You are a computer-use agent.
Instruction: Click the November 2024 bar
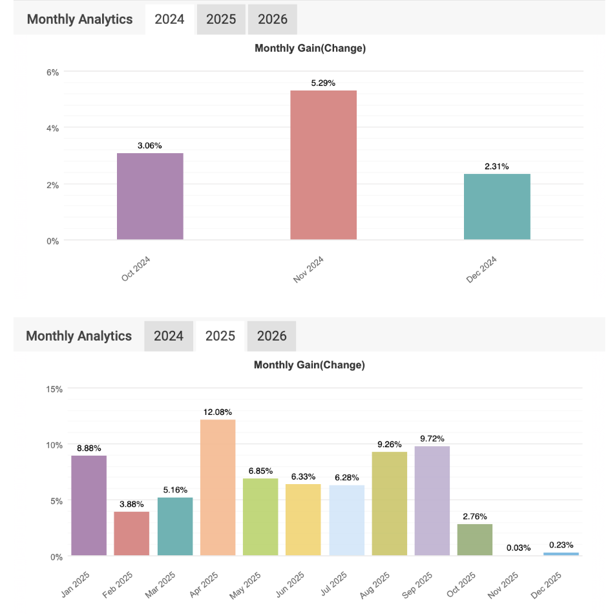pyautogui.click(x=323, y=165)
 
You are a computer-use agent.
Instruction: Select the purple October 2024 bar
pyautogui.click(x=150, y=196)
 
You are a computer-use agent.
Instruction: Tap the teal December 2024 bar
pyautogui.click(x=497, y=207)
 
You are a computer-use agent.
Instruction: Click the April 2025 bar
pyautogui.click(x=218, y=487)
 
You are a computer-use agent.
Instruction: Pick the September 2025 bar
pyautogui.click(x=432, y=501)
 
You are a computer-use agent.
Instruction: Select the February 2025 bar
pyautogui.click(x=132, y=534)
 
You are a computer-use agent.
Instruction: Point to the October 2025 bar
pyautogui.click(x=475, y=540)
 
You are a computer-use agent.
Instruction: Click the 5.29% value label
pyautogui.click(x=323, y=83)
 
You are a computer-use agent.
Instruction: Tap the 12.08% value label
pyautogui.click(x=218, y=412)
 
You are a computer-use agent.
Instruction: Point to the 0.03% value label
pyautogui.click(x=518, y=548)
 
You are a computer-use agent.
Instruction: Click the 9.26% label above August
pyautogui.click(x=389, y=445)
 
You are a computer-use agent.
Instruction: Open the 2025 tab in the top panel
pyautogui.click(x=221, y=19)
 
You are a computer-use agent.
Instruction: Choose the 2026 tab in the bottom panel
pyautogui.click(x=271, y=336)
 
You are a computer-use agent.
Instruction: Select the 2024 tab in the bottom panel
pyautogui.click(x=169, y=336)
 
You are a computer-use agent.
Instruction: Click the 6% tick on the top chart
pyautogui.click(x=52, y=72)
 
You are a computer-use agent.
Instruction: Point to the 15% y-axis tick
pyautogui.click(x=54, y=389)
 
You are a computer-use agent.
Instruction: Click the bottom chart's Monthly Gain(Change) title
pyautogui.click(x=310, y=365)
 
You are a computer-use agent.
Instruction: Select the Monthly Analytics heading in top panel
pyautogui.click(x=79, y=19)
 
